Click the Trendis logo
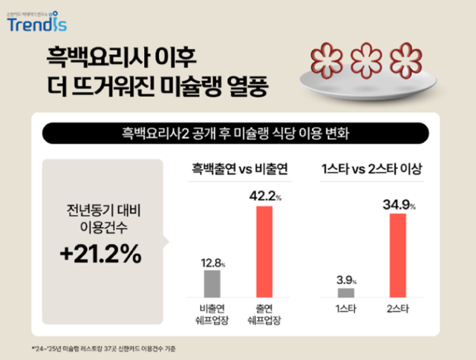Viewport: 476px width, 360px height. point(36,22)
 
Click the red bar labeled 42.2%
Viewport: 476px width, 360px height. point(264,252)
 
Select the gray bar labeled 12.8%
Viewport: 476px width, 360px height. point(212,284)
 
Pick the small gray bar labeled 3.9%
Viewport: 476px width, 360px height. point(346,292)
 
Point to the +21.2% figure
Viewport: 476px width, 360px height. point(100,253)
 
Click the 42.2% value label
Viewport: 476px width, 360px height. point(264,197)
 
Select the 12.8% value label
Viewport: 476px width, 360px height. point(212,261)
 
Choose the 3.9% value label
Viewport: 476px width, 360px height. point(346,281)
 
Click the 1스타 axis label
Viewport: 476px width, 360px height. point(346,308)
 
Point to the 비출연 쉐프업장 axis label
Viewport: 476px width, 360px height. point(212,314)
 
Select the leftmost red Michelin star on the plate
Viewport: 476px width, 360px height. point(327,57)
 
